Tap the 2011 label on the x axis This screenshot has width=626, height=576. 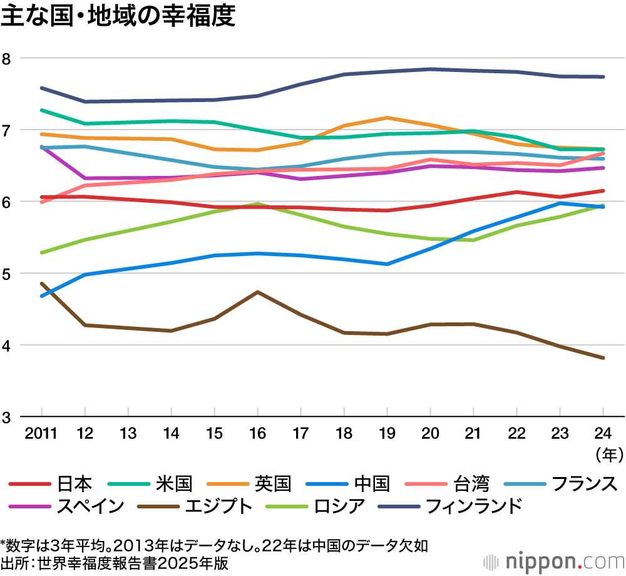[x=41, y=433]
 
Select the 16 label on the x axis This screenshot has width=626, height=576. [x=257, y=433]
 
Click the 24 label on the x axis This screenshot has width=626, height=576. [x=603, y=433]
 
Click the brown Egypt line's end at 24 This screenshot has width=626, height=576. [x=603, y=358]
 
